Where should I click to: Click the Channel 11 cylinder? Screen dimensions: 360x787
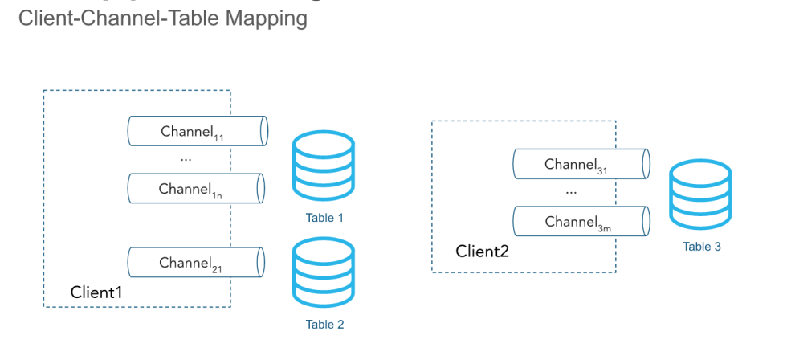click(x=197, y=131)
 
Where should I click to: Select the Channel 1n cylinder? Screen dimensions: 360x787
click(x=197, y=190)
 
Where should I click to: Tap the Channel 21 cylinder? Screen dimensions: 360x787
click(x=197, y=263)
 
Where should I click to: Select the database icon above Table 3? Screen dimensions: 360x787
click(x=701, y=195)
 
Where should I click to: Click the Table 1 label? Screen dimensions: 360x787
click(x=324, y=218)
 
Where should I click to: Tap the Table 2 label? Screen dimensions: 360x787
click(x=324, y=325)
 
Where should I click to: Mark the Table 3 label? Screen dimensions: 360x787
click(x=702, y=247)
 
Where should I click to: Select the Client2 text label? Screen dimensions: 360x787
click(x=483, y=251)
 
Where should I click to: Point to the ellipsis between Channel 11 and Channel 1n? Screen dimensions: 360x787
click(x=186, y=161)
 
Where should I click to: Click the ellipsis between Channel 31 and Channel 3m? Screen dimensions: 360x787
click(x=572, y=194)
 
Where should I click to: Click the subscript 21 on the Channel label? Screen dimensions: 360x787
click(x=218, y=269)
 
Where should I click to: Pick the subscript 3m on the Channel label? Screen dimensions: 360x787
click(x=604, y=228)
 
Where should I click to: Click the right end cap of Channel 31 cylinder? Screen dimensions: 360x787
click(x=646, y=165)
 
